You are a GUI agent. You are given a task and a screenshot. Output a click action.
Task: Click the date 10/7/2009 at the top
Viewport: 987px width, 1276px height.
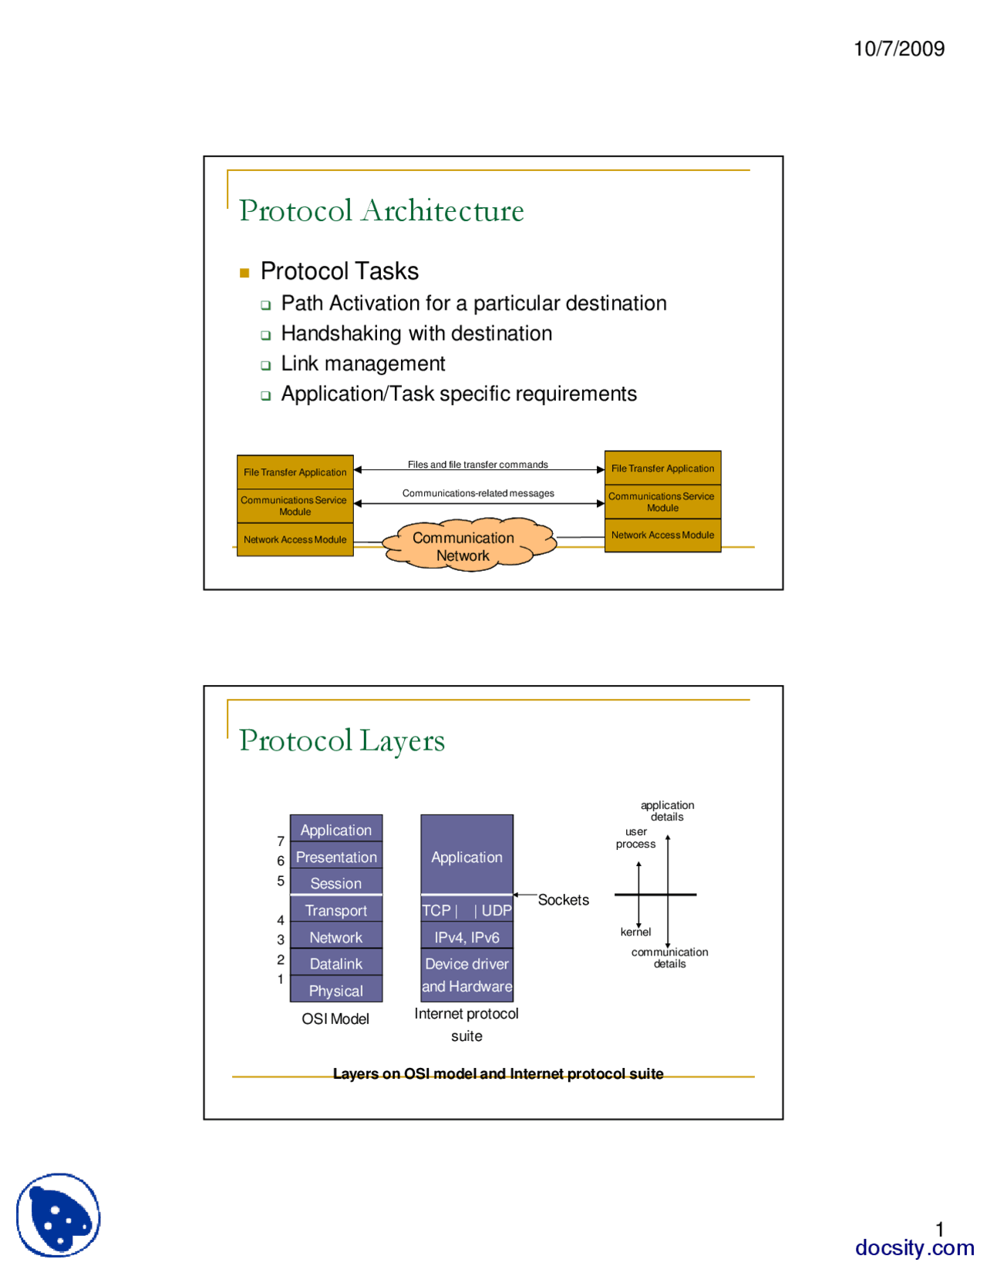pos(898,49)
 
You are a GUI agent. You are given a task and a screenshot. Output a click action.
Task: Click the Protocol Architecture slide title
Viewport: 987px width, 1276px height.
pos(381,211)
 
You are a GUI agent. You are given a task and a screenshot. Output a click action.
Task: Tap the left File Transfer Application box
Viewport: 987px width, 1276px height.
pos(295,472)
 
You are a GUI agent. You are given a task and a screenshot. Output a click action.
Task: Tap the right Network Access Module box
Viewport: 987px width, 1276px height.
pos(662,536)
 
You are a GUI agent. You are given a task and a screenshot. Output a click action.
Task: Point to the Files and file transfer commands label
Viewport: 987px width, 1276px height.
pos(477,465)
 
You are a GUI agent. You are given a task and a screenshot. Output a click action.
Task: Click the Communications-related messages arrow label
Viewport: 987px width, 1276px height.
pos(477,493)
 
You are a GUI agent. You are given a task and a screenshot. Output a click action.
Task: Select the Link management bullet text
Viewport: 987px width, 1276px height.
pos(362,364)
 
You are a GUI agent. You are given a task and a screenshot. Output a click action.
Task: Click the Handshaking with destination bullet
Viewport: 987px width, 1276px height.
pos(416,334)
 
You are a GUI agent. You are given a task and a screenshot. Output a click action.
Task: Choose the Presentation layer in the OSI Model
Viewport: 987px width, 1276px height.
pos(336,857)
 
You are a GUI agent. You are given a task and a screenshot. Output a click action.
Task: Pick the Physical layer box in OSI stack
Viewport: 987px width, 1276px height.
pos(336,991)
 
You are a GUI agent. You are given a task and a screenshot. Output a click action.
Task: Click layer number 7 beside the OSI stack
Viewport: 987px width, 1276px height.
pos(281,841)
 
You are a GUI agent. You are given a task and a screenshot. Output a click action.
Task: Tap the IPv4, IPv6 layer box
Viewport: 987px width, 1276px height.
pos(467,938)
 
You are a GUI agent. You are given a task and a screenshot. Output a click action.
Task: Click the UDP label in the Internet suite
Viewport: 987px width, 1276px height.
pos(496,911)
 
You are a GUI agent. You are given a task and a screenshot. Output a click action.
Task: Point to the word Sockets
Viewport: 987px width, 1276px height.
pos(563,900)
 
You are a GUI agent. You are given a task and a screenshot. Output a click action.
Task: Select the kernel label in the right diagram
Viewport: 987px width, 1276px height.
pos(635,932)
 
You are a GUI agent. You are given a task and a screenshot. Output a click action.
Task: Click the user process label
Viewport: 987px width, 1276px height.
pos(635,838)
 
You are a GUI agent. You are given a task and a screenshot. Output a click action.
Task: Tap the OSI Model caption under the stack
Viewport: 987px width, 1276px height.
pos(335,1019)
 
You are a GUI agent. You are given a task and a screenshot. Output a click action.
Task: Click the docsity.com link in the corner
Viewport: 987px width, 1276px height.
pos(914,1247)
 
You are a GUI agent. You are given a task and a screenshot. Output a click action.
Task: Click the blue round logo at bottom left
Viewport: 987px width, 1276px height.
pos(59,1215)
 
